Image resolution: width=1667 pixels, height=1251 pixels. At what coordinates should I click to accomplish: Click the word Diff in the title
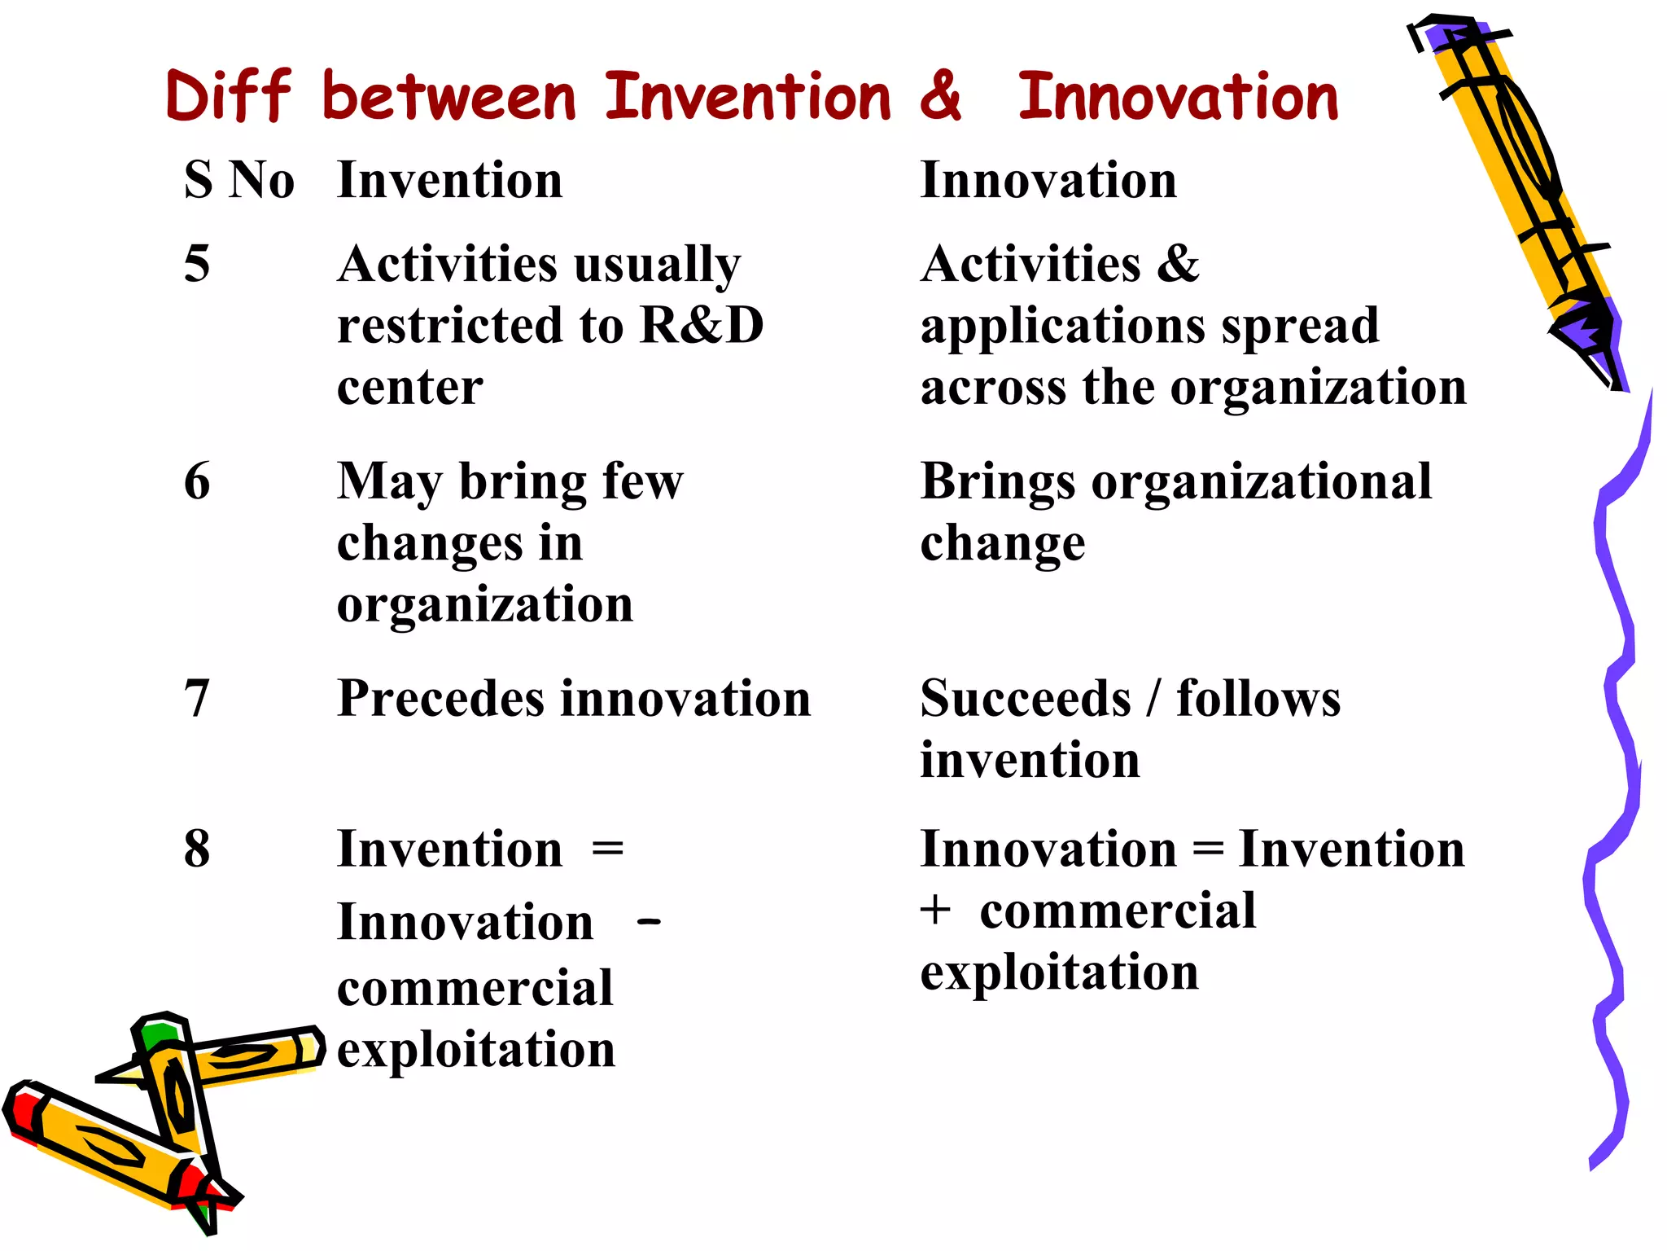(x=228, y=96)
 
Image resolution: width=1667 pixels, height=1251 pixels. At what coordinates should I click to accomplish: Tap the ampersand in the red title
(x=941, y=96)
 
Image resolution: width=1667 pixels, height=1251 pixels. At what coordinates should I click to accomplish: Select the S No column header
(x=238, y=180)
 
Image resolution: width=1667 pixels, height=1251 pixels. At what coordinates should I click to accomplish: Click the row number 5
(x=197, y=264)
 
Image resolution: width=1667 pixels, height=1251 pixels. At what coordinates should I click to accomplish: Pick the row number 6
(x=197, y=481)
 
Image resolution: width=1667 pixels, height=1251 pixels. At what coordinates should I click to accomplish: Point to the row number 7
(x=197, y=699)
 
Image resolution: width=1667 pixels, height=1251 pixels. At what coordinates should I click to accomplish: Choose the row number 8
(x=197, y=849)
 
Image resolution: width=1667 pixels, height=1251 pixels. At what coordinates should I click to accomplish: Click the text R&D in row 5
(x=702, y=325)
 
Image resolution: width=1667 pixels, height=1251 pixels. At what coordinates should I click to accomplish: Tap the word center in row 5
(x=410, y=387)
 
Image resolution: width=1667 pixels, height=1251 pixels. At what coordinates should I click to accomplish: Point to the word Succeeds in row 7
(x=1026, y=699)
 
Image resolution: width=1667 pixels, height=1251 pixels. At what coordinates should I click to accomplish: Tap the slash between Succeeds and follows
(x=1153, y=699)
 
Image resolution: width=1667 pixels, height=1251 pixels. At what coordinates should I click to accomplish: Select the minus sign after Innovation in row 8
(x=649, y=922)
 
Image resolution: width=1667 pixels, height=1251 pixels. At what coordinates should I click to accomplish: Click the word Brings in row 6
(x=998, y=483)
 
